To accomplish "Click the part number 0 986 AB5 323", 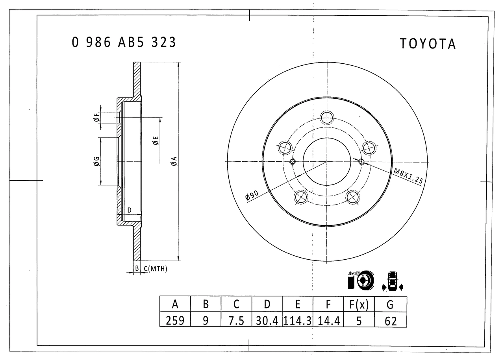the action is click(x=124, y=42).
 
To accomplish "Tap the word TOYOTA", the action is click(x=428, y=44).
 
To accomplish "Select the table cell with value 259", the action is click(x=175, y=320).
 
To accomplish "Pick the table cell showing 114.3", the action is click(x=297, y=320).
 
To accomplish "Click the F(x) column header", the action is click(x=359, y=305).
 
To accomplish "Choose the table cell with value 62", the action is click(x=391, y=320).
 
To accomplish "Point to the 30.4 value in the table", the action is click(x=267, y=320).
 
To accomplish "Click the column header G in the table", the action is click(x=391, y=305).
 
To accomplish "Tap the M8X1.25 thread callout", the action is click(x=408, y=176).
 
